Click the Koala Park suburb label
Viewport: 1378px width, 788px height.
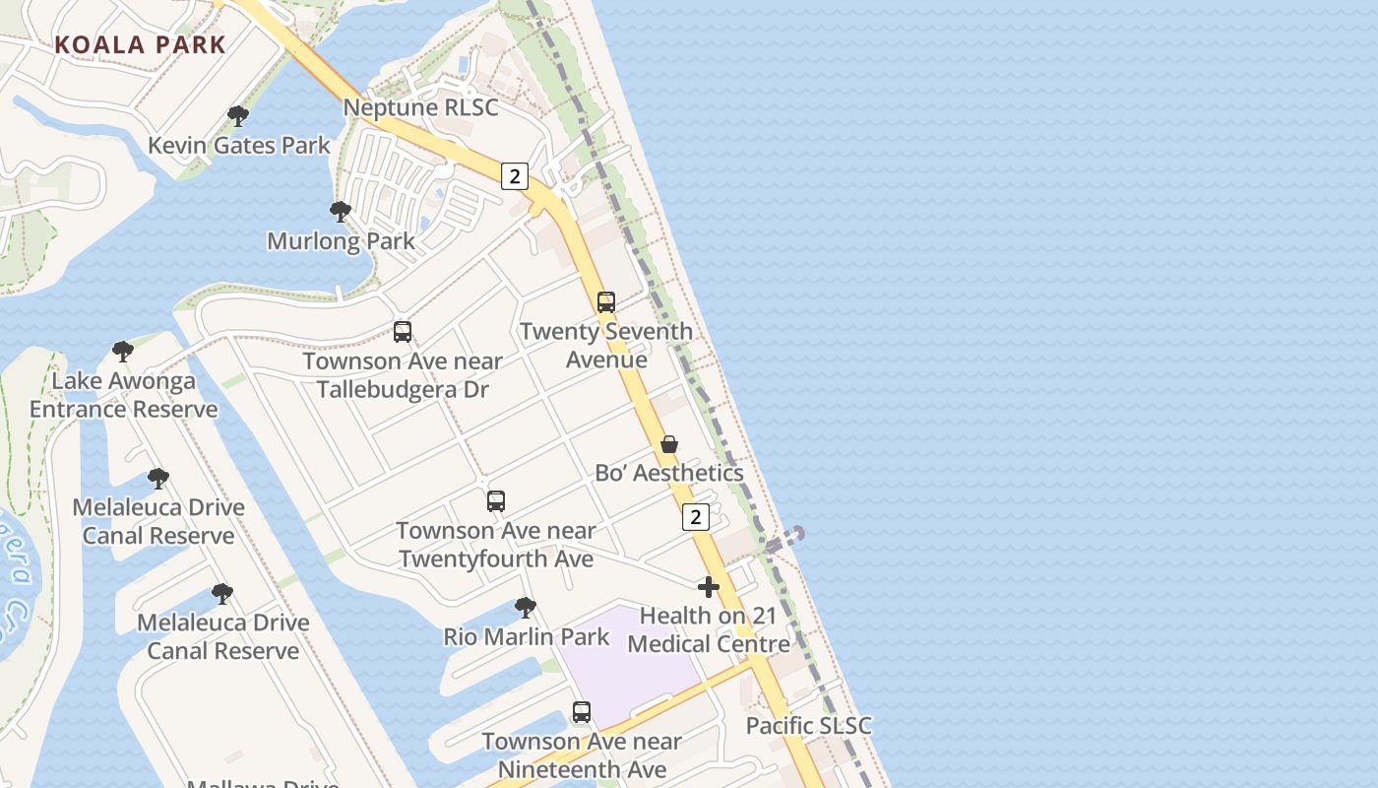(141, 44)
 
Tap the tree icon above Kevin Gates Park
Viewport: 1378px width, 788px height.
(237, 116)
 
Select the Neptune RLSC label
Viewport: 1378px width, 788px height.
(420, 107)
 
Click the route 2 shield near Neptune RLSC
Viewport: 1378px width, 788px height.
(514, 176)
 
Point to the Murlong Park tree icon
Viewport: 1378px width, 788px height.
(341, 212)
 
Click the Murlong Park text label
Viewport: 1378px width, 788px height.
(341, 240)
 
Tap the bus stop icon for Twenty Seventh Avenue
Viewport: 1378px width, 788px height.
(606, 302)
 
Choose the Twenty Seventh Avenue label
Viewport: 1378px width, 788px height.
(606, 345)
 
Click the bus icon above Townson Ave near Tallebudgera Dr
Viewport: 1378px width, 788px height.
(403, 332)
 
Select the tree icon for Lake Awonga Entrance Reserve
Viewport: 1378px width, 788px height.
(123, 352)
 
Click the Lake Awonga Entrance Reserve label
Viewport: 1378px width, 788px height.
(123, 395)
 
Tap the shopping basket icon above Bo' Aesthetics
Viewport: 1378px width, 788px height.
(669, 444)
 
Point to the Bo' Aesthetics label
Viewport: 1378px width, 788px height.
(669, 473)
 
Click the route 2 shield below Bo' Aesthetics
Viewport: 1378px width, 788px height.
(696, 516)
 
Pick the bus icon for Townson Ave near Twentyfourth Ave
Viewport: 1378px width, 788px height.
(496, 501)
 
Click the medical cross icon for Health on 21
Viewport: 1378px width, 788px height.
(708, 588)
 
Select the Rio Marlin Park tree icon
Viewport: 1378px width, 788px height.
(526, 608)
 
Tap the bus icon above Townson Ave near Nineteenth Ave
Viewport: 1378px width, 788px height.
(582, 712)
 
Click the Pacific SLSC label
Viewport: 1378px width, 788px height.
(808, 726)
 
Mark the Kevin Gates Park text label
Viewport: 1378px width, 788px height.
(239, 146)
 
